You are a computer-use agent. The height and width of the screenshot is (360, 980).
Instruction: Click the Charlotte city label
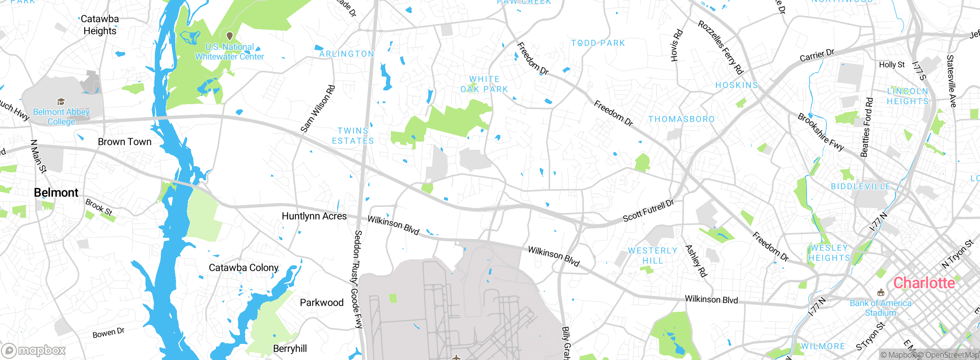[924, 283]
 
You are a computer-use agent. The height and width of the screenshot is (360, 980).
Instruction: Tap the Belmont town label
[56, 192]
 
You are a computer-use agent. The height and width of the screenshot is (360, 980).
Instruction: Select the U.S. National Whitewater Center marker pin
[230, 36]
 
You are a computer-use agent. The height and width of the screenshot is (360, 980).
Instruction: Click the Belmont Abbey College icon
[61, 101]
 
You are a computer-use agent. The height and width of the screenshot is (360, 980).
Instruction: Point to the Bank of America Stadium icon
[880, 293]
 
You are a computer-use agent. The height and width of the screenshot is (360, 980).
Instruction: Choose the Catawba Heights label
[100, 25]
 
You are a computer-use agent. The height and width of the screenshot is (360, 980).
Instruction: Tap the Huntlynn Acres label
[314, 216]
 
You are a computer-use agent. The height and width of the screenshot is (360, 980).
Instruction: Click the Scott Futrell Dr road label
[648, 211]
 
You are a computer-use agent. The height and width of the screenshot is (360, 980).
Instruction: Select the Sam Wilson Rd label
[318, 109]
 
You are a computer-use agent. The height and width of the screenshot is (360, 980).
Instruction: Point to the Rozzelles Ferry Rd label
[720, 47]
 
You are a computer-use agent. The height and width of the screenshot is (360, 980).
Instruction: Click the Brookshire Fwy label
[821, 132]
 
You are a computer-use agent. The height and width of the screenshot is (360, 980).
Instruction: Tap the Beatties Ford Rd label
[867, 128]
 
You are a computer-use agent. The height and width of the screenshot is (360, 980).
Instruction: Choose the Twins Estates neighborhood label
[353, 136]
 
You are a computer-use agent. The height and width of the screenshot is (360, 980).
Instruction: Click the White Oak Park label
[484, 84]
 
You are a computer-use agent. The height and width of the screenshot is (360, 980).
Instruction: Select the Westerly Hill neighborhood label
[653, 255]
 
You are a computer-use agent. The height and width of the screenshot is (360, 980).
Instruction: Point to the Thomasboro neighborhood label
[681, 119]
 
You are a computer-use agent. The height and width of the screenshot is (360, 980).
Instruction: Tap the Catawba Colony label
[243, 267]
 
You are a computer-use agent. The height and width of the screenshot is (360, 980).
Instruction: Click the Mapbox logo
[34, 350]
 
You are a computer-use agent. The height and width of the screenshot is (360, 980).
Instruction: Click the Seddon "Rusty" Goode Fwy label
[357, 279]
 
